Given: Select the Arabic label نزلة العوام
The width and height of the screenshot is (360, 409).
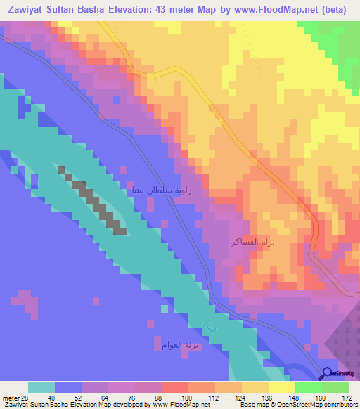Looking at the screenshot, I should (172, 344).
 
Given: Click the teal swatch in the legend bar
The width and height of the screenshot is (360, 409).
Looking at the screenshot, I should (41, 387).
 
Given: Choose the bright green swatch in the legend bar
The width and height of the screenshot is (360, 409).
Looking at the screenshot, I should (308, 387).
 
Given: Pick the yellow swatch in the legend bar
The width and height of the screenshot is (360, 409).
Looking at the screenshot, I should (281, 387).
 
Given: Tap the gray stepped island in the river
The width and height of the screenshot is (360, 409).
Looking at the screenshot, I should (95, 200).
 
